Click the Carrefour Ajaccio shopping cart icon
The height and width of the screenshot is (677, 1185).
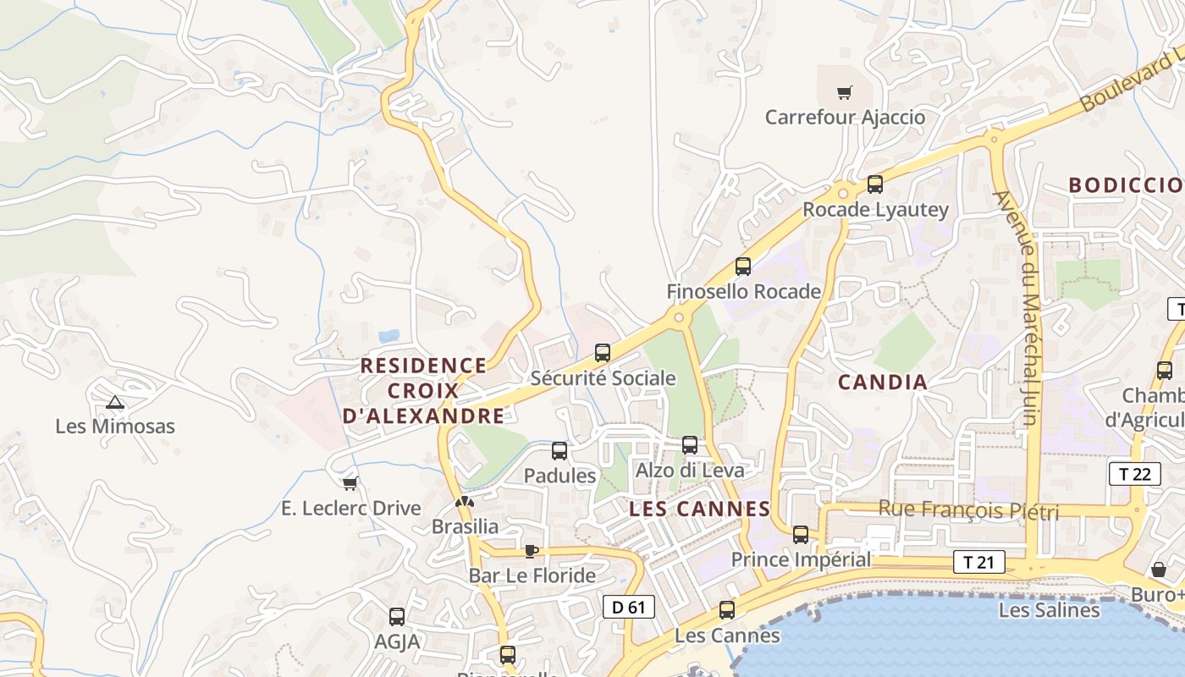(x=844, y=92)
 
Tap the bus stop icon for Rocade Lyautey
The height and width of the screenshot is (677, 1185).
(x=875, y=184)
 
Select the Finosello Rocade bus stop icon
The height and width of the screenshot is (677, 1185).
(x=743, y=267)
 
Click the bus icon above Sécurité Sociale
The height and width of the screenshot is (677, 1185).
(x=603, y=353)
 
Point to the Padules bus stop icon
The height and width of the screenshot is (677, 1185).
(x=559, y=451)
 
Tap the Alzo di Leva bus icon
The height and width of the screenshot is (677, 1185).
(x=690, y=445)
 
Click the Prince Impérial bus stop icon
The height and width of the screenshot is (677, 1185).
(x=800, y=535)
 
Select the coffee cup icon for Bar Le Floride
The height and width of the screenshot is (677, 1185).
(x=531, y=551)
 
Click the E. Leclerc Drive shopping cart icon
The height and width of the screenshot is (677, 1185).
(x=350, y=483)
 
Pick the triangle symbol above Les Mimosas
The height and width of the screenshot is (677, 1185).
(x=115, y=402)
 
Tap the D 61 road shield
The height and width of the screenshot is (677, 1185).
(x=628, y=607)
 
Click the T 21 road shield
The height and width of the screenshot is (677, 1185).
(x=979, y=562)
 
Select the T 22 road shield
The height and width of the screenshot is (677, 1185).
(x=1134, y=474)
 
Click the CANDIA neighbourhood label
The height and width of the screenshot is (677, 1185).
(x=883, y=383)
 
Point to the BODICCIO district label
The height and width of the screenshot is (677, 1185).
(x=1126, y=185)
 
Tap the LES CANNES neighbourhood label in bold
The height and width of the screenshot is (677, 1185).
(x=700, y=509)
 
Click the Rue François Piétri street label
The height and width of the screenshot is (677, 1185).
(x=968, y=510)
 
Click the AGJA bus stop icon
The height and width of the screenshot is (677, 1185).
(x=397, y=617)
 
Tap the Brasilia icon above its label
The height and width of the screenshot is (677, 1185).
(x=464, y=502)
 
